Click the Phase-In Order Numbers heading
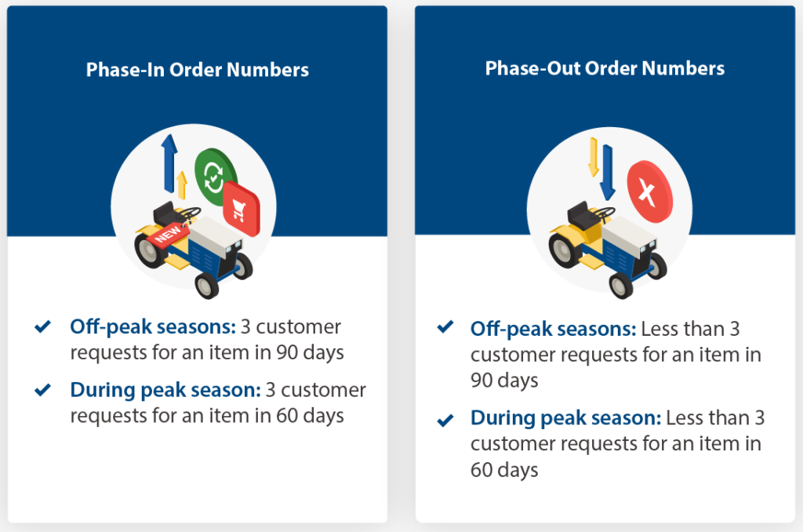pos(197,70)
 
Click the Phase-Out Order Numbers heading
pos(605,68)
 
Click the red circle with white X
pos(649,191)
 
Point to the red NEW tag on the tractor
pos(168,234)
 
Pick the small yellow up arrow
pos(182,185)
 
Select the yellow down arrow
pos(594,156)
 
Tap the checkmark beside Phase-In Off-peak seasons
pos(43,326)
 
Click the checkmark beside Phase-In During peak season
pos(43,389)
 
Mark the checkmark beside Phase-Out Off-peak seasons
pos(445,326)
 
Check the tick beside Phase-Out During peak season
pos(445,420)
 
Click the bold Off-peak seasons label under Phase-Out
pos(553,328)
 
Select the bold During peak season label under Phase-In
pos(151,390)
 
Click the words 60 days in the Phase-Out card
pos(504,470)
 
